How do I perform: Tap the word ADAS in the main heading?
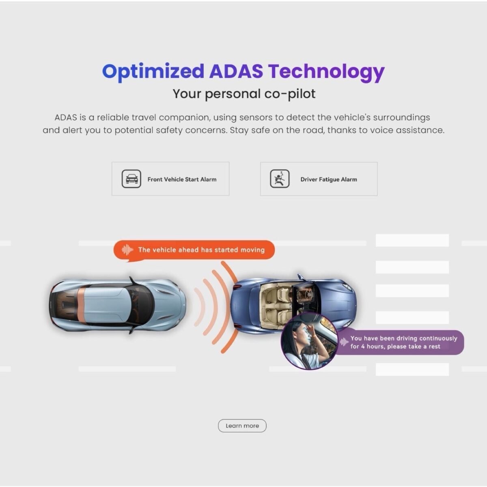(236, 71)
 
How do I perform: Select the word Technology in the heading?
(326, 73)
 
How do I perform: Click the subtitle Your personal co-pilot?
(244, 94)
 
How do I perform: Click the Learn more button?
(242, 426)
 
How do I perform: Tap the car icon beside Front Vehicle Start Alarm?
(131, 179)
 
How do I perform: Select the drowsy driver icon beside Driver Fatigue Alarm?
(280, 179)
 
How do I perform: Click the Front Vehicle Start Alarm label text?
(182, 179)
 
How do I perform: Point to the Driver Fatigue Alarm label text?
(329, 179)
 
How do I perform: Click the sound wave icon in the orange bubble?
(127, 250)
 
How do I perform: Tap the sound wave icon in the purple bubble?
(344, 342)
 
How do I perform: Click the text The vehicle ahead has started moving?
(201, 250)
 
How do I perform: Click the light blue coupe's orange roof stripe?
(81, 306)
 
